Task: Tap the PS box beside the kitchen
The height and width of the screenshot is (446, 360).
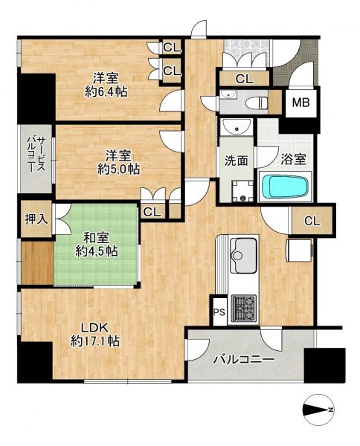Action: tap(219, 312)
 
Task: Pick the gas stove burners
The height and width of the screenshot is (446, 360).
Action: tap(245, 306)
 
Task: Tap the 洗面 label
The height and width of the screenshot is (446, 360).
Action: tap(236, 160)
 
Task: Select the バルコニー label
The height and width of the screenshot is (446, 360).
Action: tap(245, 360)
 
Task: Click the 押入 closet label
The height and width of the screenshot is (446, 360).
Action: tap(35, 220)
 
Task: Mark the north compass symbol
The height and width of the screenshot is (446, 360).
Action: tap(319, 410)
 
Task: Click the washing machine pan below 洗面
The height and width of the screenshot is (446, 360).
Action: tap(241, 191)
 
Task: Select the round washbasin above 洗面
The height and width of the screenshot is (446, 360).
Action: tap(237, 127)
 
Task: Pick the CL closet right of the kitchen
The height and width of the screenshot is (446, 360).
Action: tap(312, 221)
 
